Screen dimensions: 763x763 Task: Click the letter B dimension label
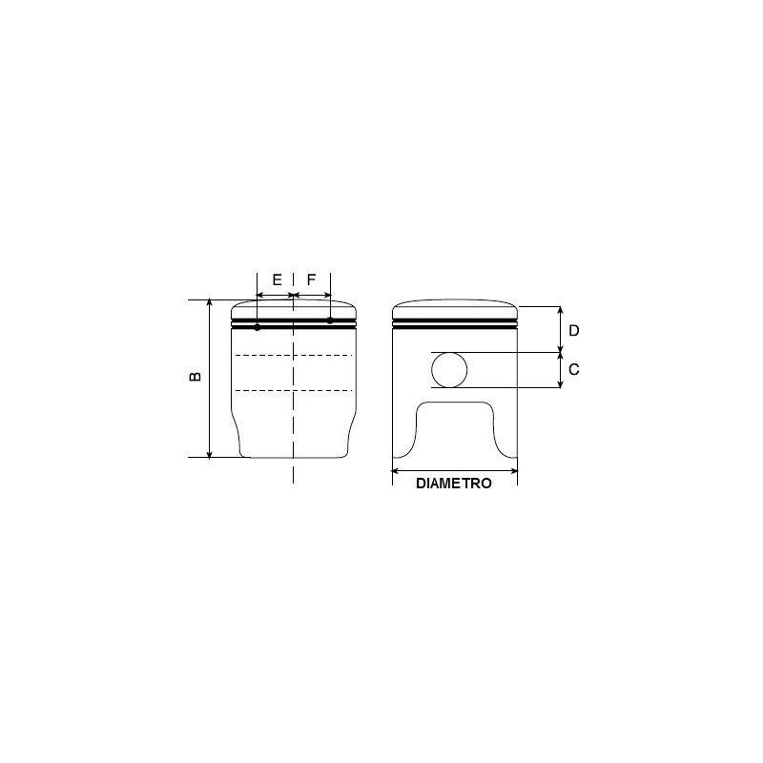196,377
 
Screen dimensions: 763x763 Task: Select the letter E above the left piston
277,280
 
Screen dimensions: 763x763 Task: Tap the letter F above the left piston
312,280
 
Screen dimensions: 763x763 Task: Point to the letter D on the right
573,330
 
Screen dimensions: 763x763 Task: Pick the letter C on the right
573,369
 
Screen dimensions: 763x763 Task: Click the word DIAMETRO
454,484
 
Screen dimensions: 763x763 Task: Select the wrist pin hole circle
450,370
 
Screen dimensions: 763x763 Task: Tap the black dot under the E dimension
258,327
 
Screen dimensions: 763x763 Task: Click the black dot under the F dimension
330,320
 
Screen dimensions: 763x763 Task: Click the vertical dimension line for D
560,330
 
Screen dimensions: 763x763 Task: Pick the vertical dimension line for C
560,370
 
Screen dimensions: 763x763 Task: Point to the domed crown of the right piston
455,309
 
